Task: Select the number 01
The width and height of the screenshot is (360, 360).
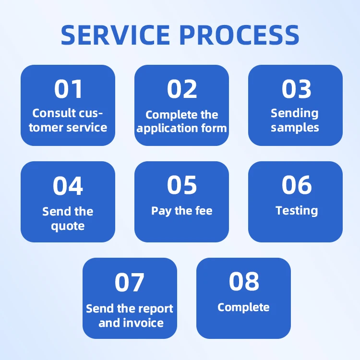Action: [68, 89]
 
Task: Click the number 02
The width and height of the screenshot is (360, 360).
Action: [182, 89]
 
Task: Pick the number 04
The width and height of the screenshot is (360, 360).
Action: [68, 186]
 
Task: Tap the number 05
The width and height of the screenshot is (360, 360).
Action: [182, 185]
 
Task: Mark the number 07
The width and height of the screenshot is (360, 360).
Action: [130, 283]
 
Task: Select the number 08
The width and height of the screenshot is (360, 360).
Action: [244, 282]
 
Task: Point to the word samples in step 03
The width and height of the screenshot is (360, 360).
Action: [295, 128]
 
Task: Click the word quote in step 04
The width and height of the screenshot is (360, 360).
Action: [68, 226]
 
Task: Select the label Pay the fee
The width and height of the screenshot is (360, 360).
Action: [182, 211]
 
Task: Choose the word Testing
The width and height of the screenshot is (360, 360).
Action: [297, 211]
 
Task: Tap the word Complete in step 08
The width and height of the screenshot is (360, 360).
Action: [243, 308]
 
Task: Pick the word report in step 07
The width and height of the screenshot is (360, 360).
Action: [152, 309]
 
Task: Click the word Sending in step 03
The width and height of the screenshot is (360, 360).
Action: [294, 114]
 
